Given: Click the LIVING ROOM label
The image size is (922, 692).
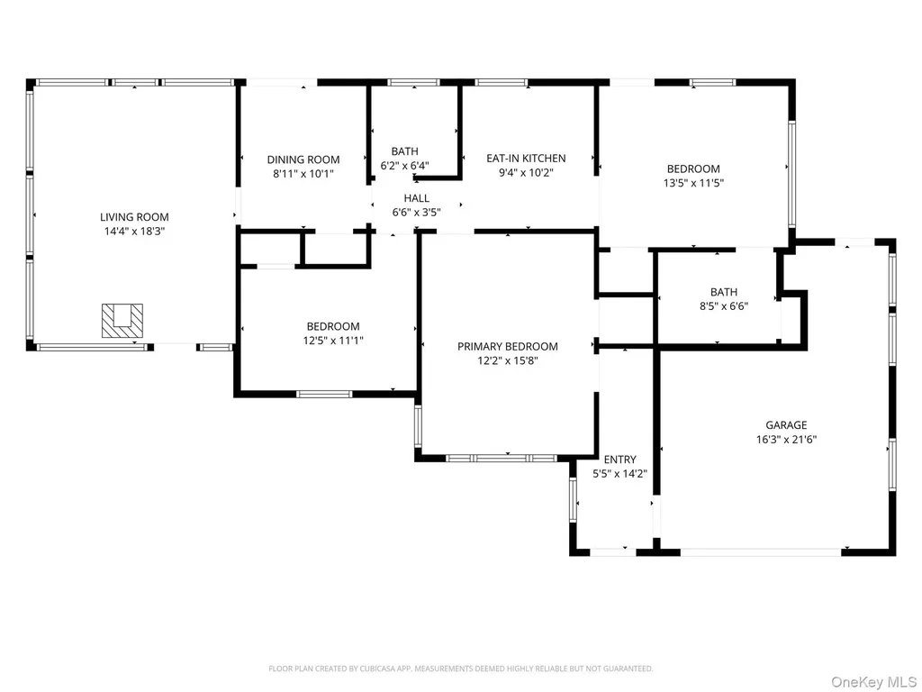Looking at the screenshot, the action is click(134, 217).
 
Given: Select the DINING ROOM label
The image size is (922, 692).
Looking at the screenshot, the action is click(303, 159).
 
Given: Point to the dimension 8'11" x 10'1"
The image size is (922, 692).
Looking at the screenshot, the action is click(303, 174).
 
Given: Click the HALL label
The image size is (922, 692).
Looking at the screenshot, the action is click(416, 198).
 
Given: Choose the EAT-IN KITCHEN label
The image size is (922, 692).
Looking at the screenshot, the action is click(526, 159).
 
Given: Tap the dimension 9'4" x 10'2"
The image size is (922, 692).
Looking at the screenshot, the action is click(526, 172).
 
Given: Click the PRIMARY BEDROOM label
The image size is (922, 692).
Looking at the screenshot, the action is click(508, 347).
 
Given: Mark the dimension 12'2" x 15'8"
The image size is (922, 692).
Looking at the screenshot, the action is click(508, 360).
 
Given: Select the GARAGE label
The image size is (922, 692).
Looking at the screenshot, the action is click(786, 425).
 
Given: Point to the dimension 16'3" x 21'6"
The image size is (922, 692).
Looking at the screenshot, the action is click(786, 439).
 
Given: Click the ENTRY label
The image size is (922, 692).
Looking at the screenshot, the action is click(619, 460).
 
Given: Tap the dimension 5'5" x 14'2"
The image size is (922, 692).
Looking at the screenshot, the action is click(619, 474).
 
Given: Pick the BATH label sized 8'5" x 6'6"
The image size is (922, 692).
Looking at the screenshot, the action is click(724, 292).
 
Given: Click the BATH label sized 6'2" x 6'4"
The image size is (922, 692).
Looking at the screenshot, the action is click(405, 151).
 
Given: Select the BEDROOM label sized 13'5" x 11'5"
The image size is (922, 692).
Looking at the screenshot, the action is click(693, 168).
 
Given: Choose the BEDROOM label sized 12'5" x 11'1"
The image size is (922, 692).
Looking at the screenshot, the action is click(333, 326).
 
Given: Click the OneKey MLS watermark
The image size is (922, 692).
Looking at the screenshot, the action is click(873, 682).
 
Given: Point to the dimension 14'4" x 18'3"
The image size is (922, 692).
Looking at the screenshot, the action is click(135, 232).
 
